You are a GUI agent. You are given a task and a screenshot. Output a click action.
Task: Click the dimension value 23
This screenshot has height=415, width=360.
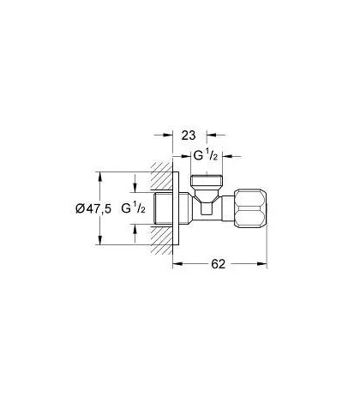[189, 135]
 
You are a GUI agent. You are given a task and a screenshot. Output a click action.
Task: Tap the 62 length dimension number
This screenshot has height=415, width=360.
[219, 264]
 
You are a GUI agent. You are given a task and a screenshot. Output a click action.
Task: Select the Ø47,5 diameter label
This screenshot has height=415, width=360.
[93, 208]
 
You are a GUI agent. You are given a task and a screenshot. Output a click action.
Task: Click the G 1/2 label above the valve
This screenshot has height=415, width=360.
[206, 156]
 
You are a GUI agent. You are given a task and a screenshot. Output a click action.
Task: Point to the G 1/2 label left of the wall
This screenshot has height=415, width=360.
[133, 208]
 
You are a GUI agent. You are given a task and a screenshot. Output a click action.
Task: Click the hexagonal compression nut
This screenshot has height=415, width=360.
[250, 208]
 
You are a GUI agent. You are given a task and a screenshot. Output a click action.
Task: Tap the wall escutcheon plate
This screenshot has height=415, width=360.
[176, 208]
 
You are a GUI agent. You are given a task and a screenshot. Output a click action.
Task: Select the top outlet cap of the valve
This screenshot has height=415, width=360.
[207, 181]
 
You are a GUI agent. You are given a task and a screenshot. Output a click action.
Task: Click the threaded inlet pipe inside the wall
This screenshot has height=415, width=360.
[163, 208]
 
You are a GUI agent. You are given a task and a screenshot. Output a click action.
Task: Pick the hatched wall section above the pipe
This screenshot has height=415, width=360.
[162, 176]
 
